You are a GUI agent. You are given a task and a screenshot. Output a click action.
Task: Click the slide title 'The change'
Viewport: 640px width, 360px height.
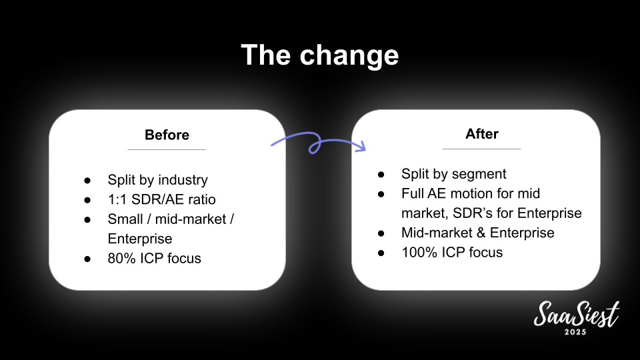click(x=319, y=55)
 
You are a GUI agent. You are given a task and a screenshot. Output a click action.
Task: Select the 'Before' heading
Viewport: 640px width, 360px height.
click(x=167, y=135)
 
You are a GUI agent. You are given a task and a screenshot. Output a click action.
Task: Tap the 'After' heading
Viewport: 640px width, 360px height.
click(x=481, y=134)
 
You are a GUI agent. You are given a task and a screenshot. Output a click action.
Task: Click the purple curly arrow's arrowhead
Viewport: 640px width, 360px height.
click(x=361, y=146)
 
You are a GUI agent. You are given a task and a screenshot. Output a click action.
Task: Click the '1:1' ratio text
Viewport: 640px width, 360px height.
click(x=117, y=199)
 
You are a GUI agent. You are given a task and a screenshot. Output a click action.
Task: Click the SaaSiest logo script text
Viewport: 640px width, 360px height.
click(x=576, y=315)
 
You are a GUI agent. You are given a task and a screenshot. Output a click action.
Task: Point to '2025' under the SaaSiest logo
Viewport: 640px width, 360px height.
click(x=575, y=332)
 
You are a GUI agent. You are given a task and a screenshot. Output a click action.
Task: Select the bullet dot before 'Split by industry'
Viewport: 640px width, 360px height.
click(x=87, y=181)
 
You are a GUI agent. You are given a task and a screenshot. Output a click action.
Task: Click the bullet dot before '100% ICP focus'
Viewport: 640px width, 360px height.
click(x=381, y=253)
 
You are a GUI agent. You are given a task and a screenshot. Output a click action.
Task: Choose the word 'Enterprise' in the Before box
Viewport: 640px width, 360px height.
click(x=140, y=239)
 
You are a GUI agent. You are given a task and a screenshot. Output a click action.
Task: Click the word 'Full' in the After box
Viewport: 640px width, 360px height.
click(x=413, y=193)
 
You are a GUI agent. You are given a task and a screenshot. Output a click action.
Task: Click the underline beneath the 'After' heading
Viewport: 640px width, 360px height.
click(x=481, y=149)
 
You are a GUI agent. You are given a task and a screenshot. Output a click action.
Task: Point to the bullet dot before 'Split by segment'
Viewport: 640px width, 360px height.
click(x=381, y=175)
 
